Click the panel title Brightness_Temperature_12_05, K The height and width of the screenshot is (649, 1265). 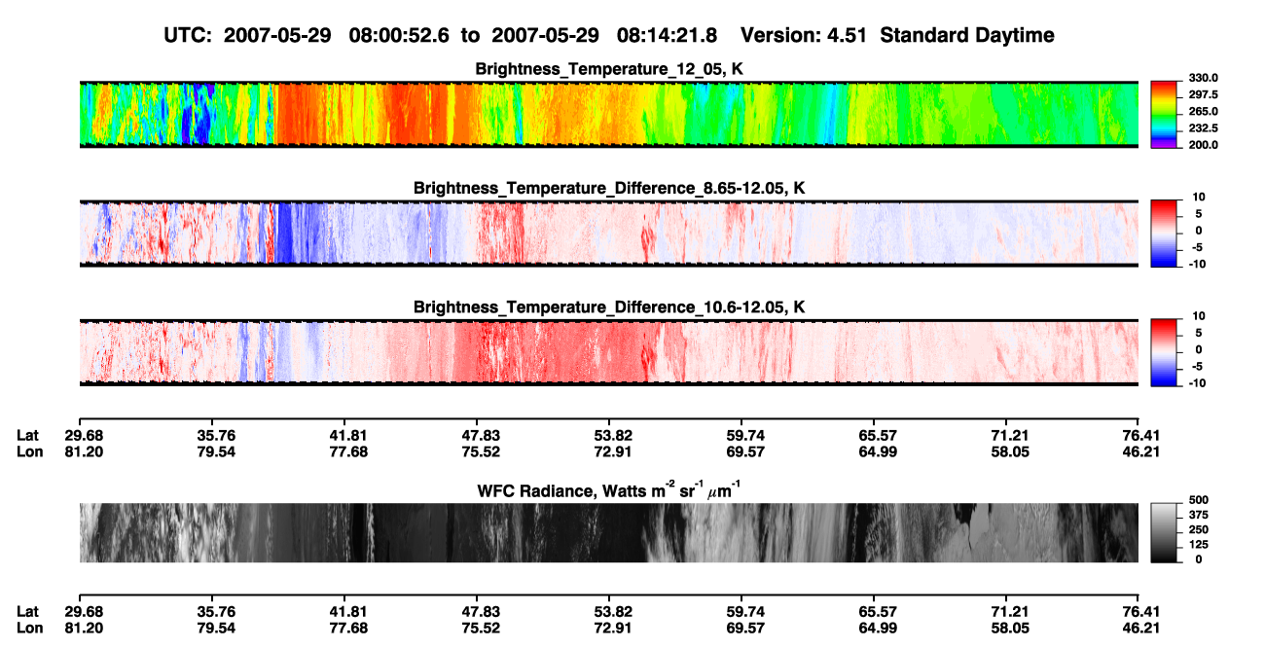(x=609, y=69)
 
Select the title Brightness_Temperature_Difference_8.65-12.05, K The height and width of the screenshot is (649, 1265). (x=609, y=188)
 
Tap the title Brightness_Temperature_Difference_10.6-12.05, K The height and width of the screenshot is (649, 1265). (x=609, y=307)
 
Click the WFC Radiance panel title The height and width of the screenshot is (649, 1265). (x=609, y=490)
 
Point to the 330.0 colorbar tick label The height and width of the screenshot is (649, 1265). (x=1203, y=78)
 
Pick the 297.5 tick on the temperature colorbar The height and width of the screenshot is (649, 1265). (x=1203, y=94)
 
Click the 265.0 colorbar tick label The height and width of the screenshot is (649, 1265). (x=1203, y=111)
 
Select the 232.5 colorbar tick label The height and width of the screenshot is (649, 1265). (x=1203, y=128)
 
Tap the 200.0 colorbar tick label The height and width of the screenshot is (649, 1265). (x=1203, y=145)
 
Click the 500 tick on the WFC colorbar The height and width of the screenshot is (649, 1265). (x=1199, y=500)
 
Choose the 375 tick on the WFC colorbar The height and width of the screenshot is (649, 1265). (x=1199, y=515)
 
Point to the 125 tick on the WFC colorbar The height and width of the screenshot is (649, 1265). (x=1199, y=545)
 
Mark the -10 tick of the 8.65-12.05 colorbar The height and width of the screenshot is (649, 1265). (x=1197, y=264)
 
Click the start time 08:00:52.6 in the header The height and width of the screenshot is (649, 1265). (x=399, y=35)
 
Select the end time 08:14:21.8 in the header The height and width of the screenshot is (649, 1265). (x=667, y=35)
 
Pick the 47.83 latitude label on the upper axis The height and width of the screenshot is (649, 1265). (x=481, y=436)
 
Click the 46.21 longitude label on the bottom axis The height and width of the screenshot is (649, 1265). (x=1140, y=629)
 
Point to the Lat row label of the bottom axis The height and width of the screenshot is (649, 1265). (x=27, y=612)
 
